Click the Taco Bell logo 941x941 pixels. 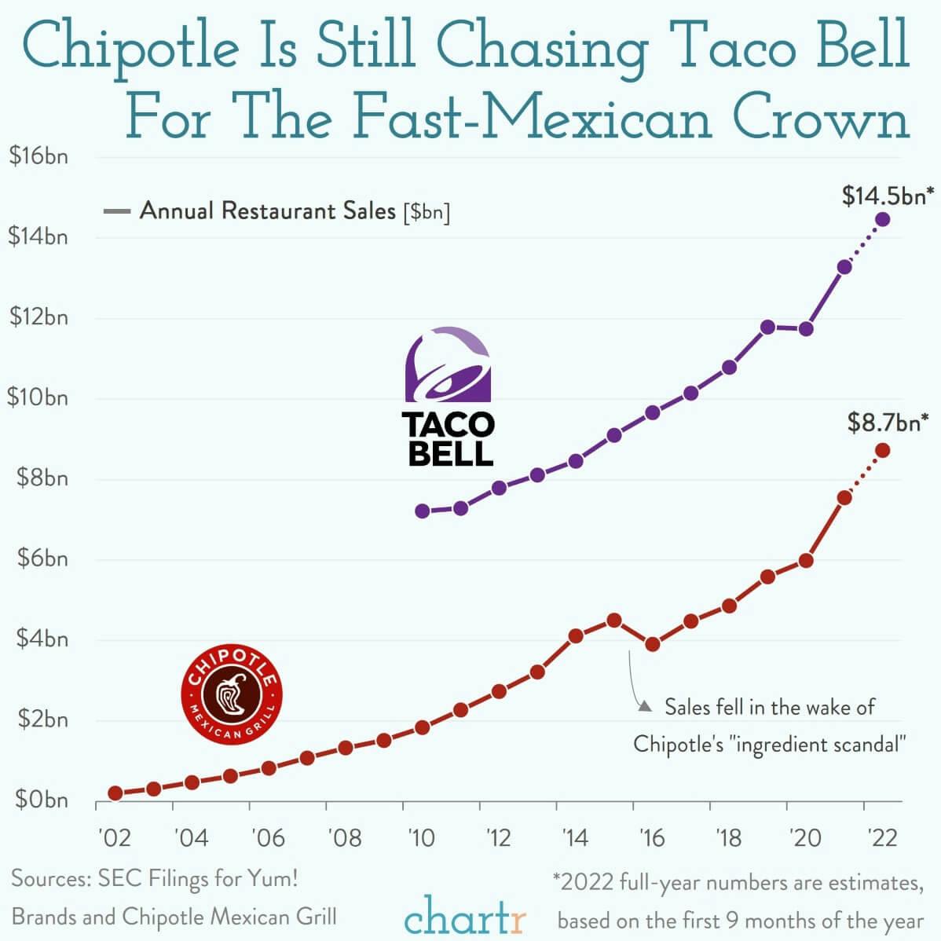coord(449,397)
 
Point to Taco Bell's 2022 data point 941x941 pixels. coord(883,219)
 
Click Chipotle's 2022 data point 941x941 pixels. coord(883,450)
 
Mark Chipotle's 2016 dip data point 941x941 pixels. coord(652,644)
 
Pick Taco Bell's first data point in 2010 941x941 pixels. coord(423,511)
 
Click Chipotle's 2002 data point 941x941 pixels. coord(115,793)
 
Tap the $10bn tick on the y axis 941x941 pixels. coord(38,397)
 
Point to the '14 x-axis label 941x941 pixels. coord(575,838)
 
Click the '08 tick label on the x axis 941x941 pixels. coord(344,838)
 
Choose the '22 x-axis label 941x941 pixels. coord(882,838)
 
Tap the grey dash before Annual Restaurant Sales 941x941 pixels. coord(116,211)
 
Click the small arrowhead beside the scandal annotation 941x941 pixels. coord(645,707)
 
